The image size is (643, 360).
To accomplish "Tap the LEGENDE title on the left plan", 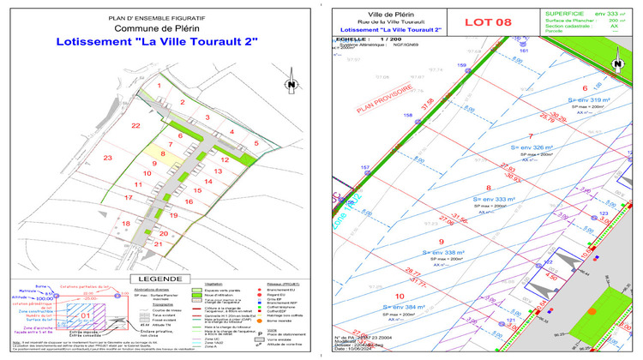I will pyautogui.click(x=160, y=279).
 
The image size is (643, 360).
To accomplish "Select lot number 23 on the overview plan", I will pyautogui.click(x=107, y=158).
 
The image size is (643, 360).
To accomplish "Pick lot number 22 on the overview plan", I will pyautogui.click(x=135, y=126).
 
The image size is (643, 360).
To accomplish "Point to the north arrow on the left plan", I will pyautogui.click(x=291, y=84).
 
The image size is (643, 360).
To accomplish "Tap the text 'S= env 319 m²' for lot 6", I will pyautogui.click(x=584, y=100).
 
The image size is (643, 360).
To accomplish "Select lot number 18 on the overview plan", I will pyautogui.click(x=127, y=224).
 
